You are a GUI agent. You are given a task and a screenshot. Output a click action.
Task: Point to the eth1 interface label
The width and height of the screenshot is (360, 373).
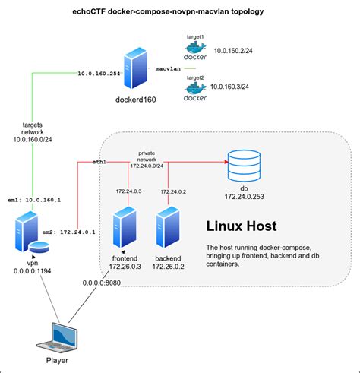point(99,162)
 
